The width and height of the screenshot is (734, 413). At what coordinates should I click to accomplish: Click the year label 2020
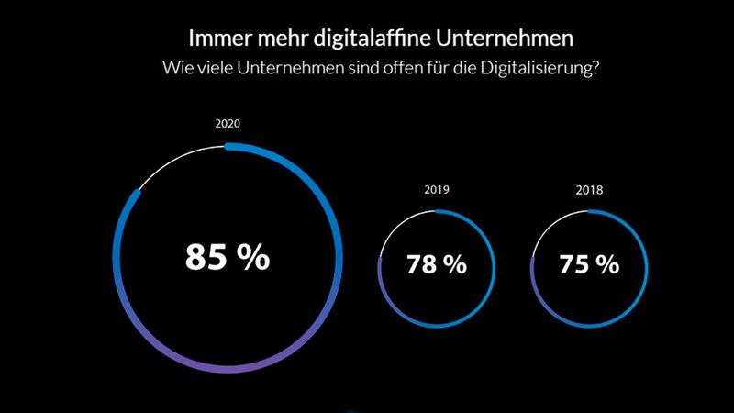point(227,123)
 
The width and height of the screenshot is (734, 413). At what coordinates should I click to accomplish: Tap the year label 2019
point(437,192)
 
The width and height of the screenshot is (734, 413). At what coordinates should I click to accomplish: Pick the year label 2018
point(588,192)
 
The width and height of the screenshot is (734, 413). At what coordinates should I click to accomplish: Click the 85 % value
point(228,258)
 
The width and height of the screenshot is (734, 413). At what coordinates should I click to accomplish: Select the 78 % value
point(437,265)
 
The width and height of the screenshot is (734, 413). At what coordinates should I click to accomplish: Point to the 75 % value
point(588,265)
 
